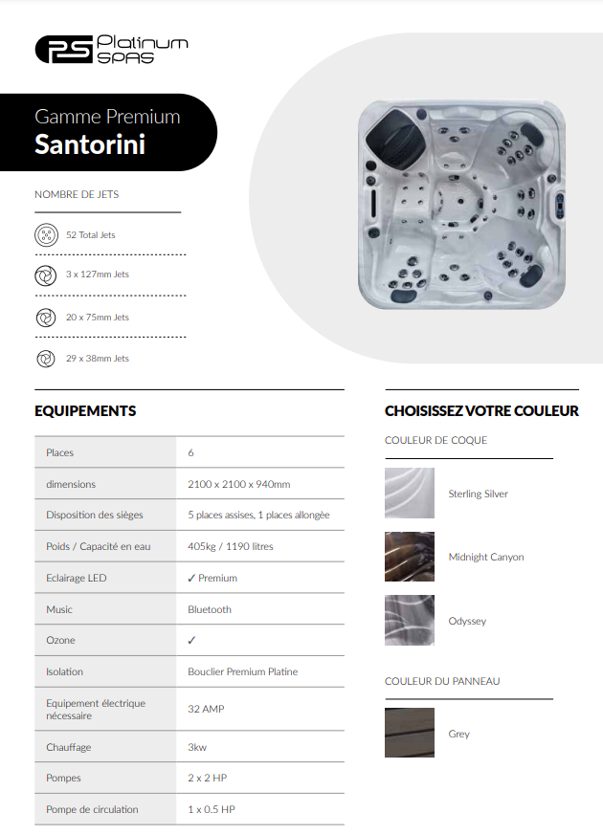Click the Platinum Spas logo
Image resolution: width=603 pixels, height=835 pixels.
click(111, 49)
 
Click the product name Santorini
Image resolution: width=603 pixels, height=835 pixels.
click(90, 144)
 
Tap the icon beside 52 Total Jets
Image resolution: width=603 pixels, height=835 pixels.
click(45, 234)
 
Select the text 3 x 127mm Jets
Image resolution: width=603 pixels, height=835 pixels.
click(97, 275)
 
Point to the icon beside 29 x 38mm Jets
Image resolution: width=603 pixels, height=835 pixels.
click(45, 359)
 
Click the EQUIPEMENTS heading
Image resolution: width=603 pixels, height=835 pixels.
click(85, 411)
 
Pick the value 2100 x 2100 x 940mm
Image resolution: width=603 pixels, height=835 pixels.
click(238, 484)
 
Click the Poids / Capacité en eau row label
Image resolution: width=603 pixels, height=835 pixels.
click(99, 546)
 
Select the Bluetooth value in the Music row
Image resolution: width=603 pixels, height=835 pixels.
click(210, 609)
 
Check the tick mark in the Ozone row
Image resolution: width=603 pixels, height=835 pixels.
click(191, 641)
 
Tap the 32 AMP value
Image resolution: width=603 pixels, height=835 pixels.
click(206, 710)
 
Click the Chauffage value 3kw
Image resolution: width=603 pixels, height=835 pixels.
click(198, 747)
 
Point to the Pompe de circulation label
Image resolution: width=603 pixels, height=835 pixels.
click(92, 809)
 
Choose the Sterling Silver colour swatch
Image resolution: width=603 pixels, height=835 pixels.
click(410, 494)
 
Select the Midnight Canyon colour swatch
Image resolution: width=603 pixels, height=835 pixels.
click(410, 557)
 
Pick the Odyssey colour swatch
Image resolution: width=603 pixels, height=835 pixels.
click(410, 621)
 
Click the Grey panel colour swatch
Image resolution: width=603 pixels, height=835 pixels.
click(410, 734)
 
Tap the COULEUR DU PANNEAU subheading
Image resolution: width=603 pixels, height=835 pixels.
click(442, 681)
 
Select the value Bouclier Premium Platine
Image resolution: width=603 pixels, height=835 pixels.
click(242, 672)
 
